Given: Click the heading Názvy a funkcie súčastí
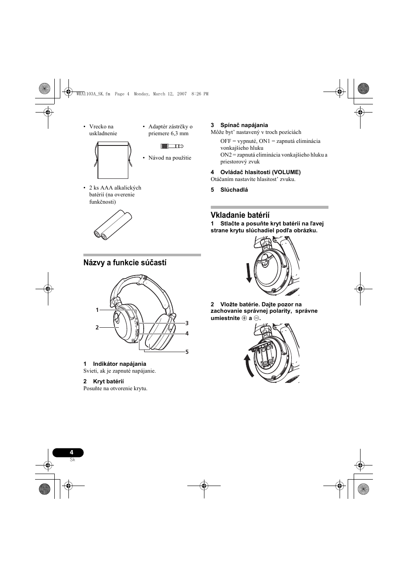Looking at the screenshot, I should pyautogui.click(x=125, y=263).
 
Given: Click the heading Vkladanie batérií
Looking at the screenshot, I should pyautogui.click(x=240, y=215).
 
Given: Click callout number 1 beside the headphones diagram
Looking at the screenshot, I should pyautogui.click(x=97, y=310).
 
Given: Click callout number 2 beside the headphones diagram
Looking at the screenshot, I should pyautogui.click(x=97, y=327).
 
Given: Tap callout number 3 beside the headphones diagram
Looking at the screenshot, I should pyautogui.click(x=187, y=323).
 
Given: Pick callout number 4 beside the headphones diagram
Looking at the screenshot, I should pyautogui.click(x=187, y=333).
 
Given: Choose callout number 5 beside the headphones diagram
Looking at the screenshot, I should pyautogui.click(x=187, y=352).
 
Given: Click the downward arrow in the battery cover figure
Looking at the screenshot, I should pyautogui.click(x=249, y=273).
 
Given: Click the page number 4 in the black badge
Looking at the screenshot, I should pyautogui.click(x=71, y=452).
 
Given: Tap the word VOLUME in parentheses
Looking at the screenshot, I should pyautogui.click(x=286, y=172).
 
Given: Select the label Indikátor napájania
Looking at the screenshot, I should pyautogui.click(x=119, y=364).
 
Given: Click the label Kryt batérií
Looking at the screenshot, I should pyautogui.click(x=108, y=381).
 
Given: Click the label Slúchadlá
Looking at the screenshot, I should pyautogui.click(x=234, y=190).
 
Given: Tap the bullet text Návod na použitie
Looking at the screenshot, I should pyautogui.click(x=170, y=158).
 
